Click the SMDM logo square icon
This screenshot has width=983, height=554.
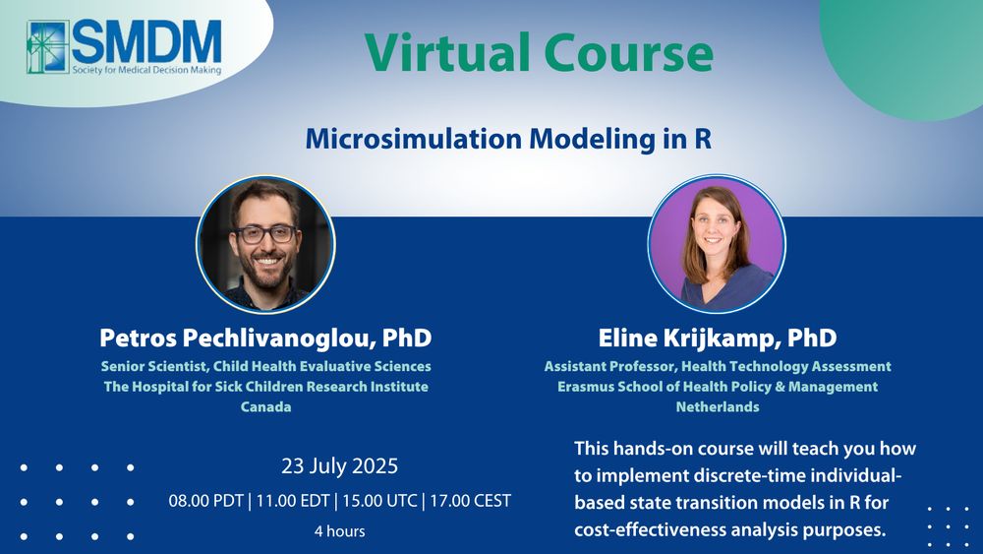point(47,47)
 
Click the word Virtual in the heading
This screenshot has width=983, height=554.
point(446,53)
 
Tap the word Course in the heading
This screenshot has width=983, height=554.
point(629,53)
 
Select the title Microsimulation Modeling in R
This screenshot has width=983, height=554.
point(508,139)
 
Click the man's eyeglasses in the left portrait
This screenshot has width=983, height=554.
point(265,234)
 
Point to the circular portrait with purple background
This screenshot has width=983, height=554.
point(717,244)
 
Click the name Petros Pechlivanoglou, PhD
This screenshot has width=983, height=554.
point(265,338)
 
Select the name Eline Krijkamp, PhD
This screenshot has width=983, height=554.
point(718,338)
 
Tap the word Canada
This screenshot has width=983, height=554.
point(265,406)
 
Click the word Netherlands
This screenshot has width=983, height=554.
point(718,406)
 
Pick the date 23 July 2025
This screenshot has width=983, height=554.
point(340,466)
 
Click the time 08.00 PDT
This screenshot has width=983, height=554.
point(205,501)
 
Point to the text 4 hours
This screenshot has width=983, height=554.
point(340,530)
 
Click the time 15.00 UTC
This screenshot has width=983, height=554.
point(379,501)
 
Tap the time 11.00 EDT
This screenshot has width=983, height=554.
point(293,501)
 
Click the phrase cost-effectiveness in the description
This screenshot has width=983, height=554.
point(650,529)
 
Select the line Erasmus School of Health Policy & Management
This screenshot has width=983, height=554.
point(718,387)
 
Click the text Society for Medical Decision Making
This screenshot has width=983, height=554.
point(146,70)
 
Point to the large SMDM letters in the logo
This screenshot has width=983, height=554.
point(147,41)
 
